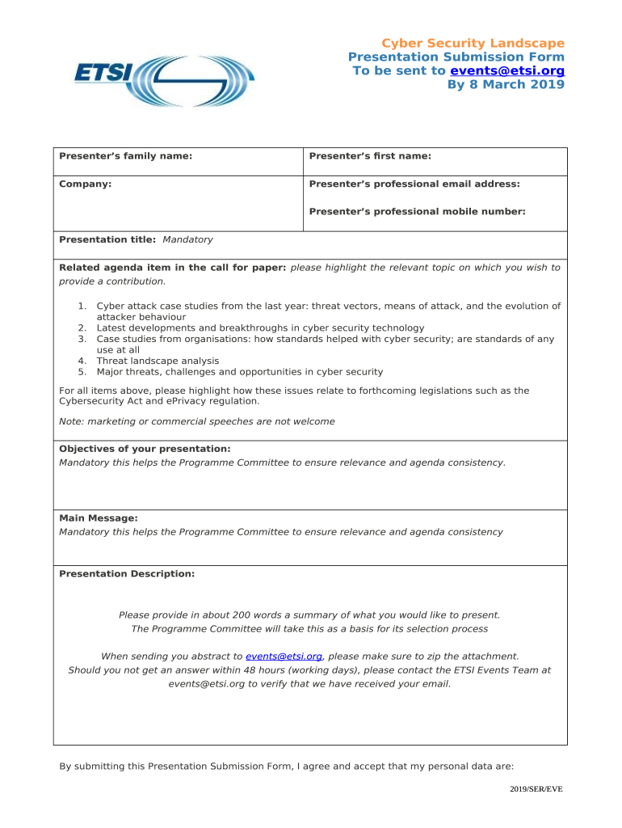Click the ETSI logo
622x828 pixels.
tap(164, 81)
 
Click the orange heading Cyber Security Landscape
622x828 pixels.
tap(473, 43)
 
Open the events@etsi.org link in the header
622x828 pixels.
tap(506, 70)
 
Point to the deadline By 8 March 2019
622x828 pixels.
tap(506, 84)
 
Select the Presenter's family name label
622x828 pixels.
tap(126, 156)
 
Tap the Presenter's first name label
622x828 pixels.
tap(370, 156)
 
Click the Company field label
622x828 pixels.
tap(86, 184)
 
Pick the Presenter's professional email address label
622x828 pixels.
tap(414, 184)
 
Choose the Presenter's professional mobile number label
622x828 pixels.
tap(417, 211)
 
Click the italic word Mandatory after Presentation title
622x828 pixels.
tap(187, 239)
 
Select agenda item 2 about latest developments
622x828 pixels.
tap(259, 327)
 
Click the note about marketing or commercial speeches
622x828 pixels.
tap(197, 421)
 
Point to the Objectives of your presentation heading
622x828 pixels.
tap(145, 448)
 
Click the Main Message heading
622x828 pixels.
tap(99, 517)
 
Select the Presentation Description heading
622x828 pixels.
tap(127, 573)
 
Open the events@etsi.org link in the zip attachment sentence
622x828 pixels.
tap(284, 656)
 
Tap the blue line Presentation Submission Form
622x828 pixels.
tap(456, 57)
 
